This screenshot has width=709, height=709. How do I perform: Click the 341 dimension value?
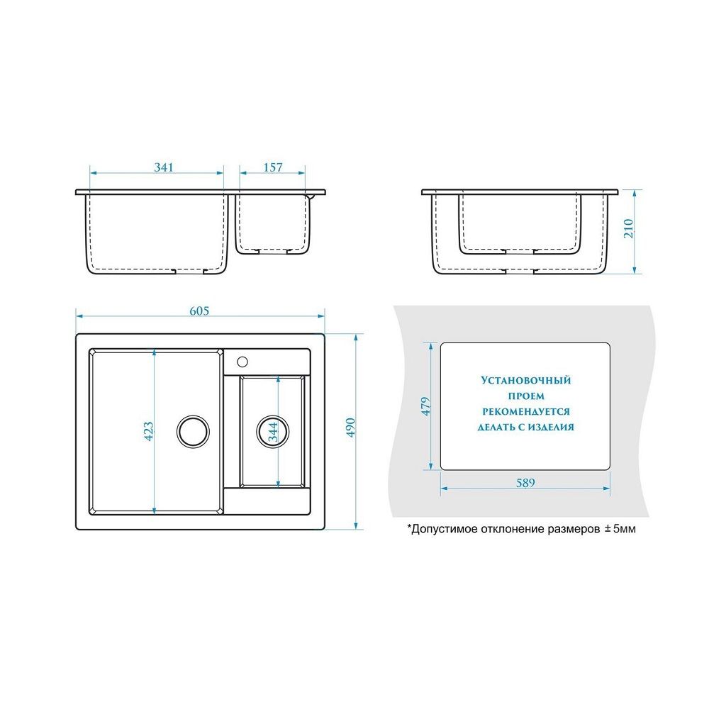pos(164,167)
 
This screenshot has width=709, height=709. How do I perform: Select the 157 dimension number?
pos(273,167)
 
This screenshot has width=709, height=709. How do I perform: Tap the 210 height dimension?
pos(628,229)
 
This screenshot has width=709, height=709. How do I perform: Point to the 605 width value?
pos(199,311)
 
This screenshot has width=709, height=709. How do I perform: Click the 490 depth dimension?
pos(350,428)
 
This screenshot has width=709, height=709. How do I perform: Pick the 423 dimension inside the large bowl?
pos(148,431)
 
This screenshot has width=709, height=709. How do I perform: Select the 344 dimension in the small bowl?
pos(273,432)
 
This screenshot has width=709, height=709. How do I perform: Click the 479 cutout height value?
pos(425,406)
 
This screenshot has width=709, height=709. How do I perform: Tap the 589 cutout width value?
pos(525,483)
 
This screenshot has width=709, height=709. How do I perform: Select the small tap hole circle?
pos(242,362)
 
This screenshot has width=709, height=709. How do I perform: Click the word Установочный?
pos(526,380)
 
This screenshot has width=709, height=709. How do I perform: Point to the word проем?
pos(526,396)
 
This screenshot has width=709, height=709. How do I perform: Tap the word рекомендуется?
pos(526,411)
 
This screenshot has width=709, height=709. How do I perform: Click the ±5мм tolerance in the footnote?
pos(620,529)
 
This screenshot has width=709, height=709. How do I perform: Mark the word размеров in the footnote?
pos(574,530)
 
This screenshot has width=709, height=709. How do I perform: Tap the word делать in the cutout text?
pos(494,427)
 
